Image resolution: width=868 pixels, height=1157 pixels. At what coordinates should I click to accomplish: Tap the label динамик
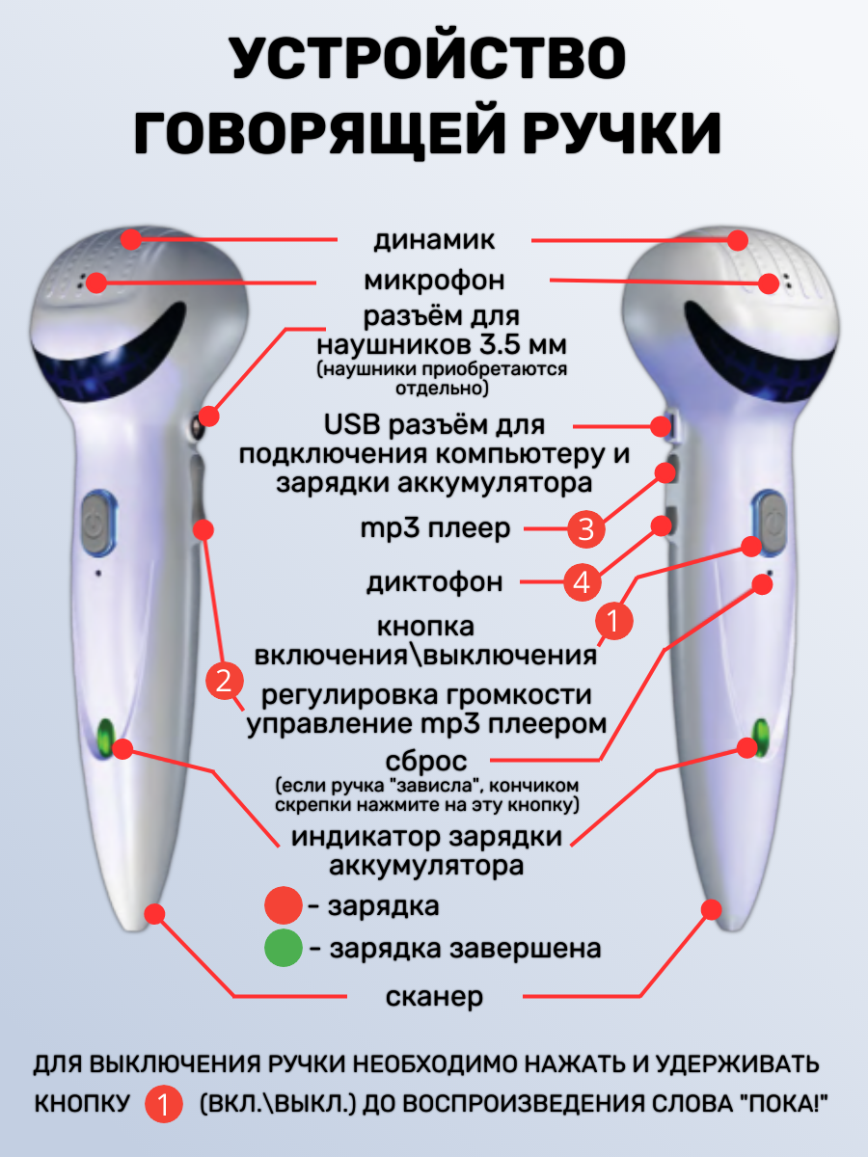pyautogui.click(x=434, y=239)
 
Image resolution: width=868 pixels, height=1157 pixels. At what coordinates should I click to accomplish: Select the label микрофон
pyautogui.click(x=434, y=281)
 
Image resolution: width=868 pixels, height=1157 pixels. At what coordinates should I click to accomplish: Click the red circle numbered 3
pyautogui.click(x=585, y=528)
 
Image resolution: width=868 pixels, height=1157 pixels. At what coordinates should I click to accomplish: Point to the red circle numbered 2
pyautogui.click(x=223, y=682)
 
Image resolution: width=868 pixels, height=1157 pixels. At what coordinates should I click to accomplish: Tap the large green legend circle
pyautogui.click(x=284, y=949)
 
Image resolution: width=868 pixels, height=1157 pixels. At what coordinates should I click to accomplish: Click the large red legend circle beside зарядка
pyautogui.click(x=284, y=906)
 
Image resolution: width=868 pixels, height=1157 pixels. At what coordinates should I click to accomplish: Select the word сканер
pyautogui.click(x=435, y=996)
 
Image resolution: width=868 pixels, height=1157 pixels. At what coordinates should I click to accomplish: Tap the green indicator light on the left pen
pyautogui.click(x=105, y=737)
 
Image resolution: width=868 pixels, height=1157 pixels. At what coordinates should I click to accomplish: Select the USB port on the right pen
pyautogui.click(x=663, y=425)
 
